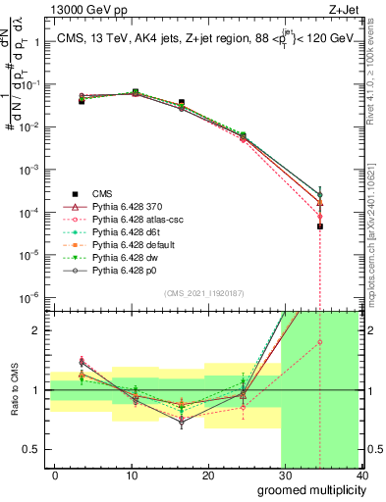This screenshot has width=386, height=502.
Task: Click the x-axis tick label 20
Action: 206,475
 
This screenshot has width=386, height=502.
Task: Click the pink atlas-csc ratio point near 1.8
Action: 320,342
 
